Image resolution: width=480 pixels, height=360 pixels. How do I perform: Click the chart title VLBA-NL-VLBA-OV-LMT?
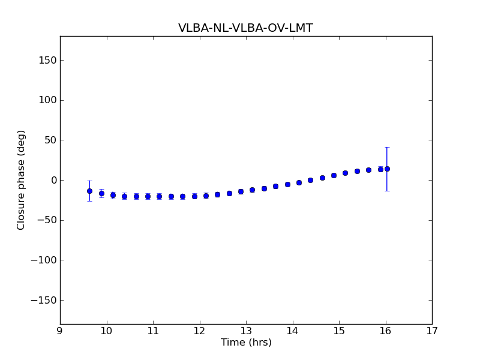[245, 28]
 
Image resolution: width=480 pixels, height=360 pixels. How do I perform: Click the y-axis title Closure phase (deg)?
[22, 180]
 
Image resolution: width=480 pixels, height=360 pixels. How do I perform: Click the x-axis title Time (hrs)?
[246, 343]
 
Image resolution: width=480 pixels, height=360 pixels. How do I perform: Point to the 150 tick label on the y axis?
[48, 60]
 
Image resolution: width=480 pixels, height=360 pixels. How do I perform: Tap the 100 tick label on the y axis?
[48, 100]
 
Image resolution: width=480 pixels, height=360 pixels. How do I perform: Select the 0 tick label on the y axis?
[53, 180]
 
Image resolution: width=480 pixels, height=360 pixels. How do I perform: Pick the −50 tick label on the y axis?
[47, 220]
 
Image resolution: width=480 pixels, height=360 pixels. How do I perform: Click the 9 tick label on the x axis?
[60, 331]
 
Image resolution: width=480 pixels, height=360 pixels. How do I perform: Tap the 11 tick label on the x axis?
[153, 331]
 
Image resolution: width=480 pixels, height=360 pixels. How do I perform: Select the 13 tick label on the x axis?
[246, 331]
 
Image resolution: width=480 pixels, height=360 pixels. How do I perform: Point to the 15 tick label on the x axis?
[339, 331]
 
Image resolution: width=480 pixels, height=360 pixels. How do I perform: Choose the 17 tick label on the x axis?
[432, 331]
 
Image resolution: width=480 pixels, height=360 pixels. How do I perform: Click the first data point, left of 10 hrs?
[89, 191]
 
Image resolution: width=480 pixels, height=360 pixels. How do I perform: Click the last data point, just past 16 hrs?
[387, 169]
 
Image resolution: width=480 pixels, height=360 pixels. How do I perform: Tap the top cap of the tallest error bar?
[387, 147]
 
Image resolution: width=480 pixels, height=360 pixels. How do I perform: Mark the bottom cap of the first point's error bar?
[89, 200]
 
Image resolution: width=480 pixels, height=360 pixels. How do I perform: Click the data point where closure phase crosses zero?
[310, 180]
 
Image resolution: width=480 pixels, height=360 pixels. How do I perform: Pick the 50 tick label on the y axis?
[50, 140]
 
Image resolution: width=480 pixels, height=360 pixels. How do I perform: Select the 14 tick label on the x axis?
[292, 331]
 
